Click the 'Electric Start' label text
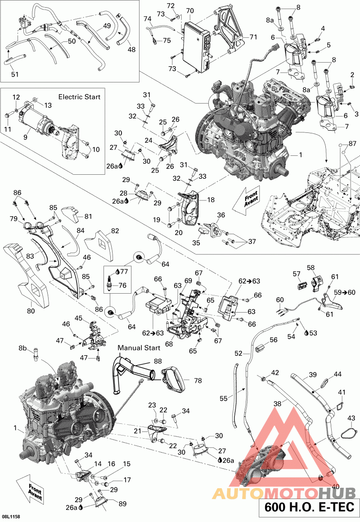[x=80, y=96]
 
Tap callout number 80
[x=31, y=310]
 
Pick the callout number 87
[x=352, y=143]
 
